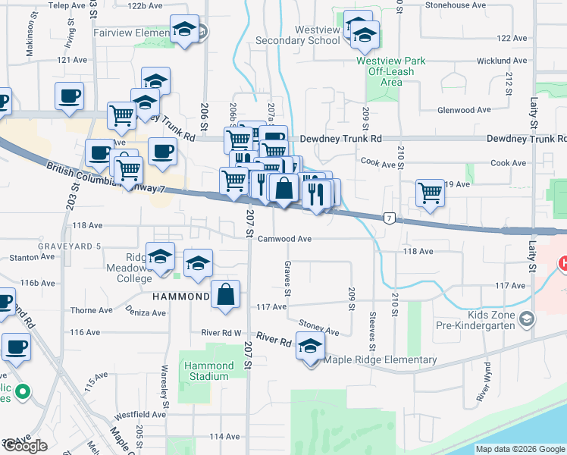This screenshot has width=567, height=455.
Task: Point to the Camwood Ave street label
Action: click(284, 238)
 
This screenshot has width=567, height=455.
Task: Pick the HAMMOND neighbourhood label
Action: click(180, 297)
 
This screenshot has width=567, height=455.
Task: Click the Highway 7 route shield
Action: click(389, 218)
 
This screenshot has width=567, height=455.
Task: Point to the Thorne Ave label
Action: click(91, 310)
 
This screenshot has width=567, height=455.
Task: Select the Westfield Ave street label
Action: click(139, 415)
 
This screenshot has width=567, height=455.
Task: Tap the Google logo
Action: click(25, 446)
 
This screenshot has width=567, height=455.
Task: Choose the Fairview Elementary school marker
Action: click(183, 30)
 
